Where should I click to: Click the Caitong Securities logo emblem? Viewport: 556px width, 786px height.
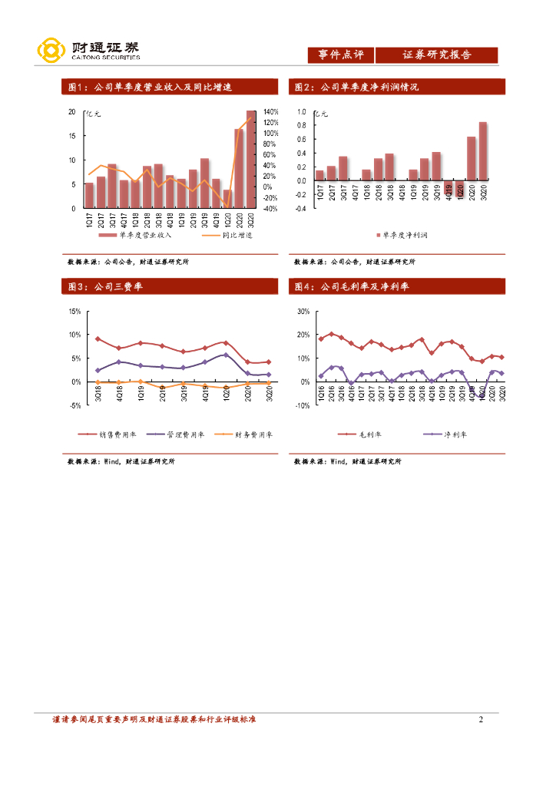click(x=51, y=51)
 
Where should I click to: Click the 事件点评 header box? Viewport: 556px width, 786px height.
click(x=340, y=55)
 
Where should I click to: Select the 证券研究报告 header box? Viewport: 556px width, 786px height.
click(x=436, y=55)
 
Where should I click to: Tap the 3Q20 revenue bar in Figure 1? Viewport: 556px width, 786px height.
click(x=251, y=160)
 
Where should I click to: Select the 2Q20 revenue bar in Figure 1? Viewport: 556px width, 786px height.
click(x=240, y=168)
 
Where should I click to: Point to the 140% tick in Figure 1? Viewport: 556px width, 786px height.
click(x=270, y=112)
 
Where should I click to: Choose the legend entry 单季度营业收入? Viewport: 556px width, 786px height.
click(x=140, y=235)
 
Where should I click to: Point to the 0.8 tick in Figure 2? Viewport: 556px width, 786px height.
click(x=303, y=126)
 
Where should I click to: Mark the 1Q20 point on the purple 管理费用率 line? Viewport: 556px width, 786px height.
click(x=226, y=355)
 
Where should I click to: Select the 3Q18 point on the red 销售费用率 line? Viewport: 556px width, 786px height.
click(x=98, y=339)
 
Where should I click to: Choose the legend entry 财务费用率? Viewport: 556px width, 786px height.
click(x=243, y=434)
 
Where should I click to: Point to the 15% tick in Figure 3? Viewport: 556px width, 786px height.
click(x=74, y=312)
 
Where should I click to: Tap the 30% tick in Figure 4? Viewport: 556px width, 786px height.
click(x=303, y=312)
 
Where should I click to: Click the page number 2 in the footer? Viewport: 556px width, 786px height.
click(x=481, y=719)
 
